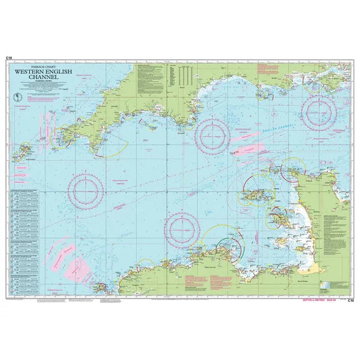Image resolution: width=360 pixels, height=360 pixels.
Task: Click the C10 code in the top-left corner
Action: tap(7, 58)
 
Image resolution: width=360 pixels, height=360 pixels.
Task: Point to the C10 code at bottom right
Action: tap(351, 300)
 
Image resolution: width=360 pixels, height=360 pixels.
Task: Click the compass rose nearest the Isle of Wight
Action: tap(319, 112)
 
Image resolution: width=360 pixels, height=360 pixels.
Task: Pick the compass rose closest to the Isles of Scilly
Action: tap(86, 189)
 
